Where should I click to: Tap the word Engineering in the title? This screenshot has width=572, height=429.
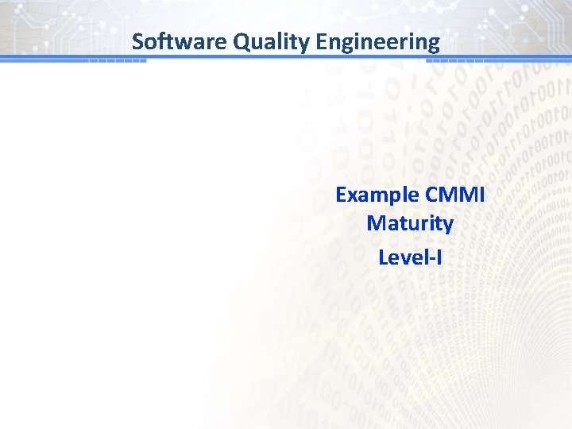coord(377,41)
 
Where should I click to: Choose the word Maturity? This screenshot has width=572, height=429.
coord(410,223)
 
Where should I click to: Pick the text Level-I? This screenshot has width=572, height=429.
coord(410,257)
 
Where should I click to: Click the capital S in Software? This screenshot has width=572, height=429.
coord(138,41)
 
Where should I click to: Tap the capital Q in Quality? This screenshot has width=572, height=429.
coord(242,41)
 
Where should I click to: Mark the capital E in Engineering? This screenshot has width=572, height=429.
coord(322,41)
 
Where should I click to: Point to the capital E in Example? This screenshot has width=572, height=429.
coord(342,195)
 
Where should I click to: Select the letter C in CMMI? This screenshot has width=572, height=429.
coord(432,195)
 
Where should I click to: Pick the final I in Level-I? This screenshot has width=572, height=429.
coord(438,257)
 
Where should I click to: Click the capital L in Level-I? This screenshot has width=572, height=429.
coord(384,257)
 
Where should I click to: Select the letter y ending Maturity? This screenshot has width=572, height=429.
coord(448,225)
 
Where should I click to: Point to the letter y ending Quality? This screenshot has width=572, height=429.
coord(303,44)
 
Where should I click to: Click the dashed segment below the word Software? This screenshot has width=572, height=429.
coord(118,61)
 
